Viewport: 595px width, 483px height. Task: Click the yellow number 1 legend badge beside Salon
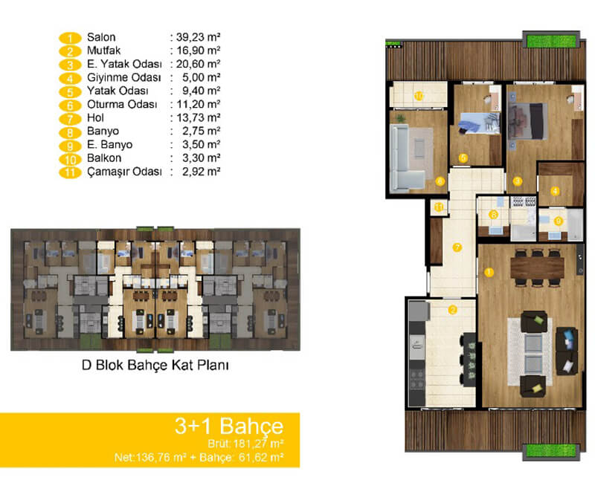70,38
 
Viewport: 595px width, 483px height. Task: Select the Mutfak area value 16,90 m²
199,51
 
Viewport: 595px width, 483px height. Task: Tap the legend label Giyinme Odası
124,77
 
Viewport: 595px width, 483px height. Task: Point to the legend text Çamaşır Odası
124,172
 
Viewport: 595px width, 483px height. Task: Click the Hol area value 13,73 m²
199,117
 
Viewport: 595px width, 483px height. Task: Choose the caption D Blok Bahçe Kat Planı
155,365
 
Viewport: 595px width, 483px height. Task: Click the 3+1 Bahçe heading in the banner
229,426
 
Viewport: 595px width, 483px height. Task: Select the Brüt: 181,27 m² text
246,444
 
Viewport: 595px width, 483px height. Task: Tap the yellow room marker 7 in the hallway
457,247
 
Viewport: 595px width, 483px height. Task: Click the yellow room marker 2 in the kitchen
453,310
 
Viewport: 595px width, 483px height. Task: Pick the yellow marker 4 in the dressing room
555,191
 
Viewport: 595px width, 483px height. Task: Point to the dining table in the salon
537,268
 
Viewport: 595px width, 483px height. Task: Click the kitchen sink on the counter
416,346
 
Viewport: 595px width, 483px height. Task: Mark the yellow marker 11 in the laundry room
439,207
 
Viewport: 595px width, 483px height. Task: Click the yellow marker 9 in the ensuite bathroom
559,221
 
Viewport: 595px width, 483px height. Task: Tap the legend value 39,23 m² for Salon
199,37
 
